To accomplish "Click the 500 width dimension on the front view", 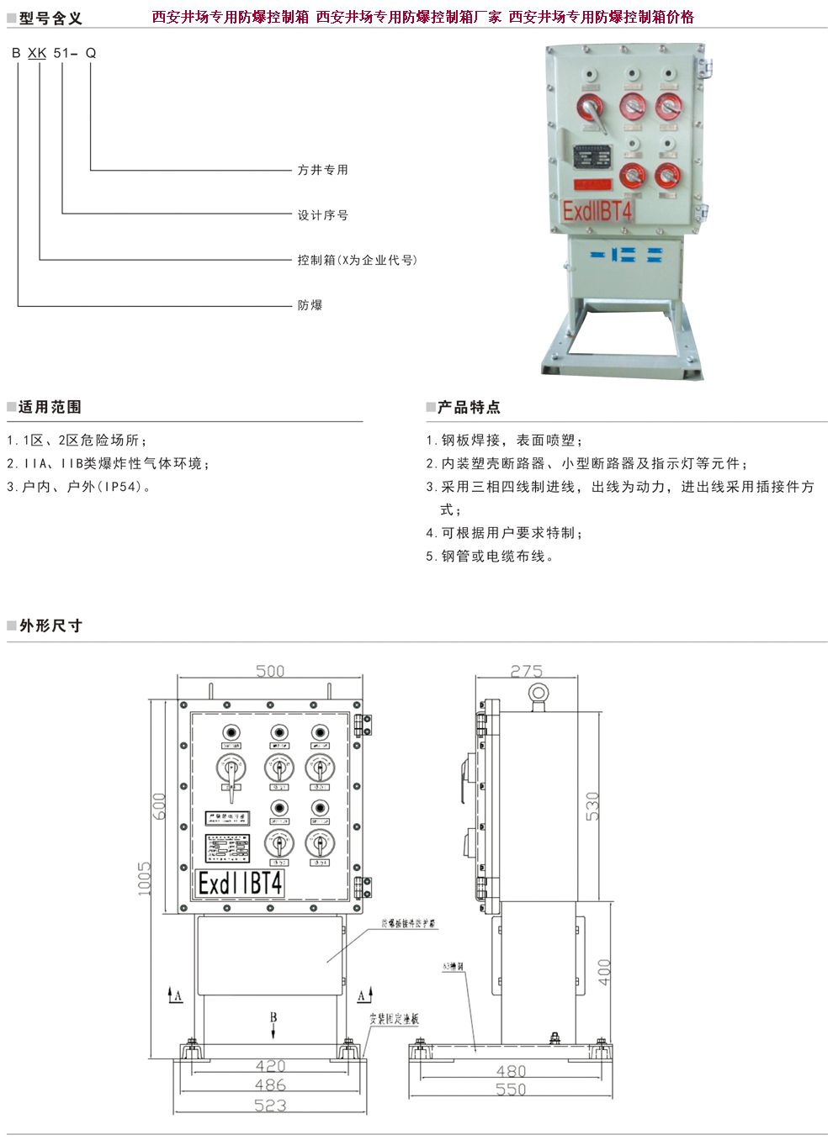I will pos(270,671).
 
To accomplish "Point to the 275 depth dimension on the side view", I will pos(526,671).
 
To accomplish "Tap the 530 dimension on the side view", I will pos(592,805).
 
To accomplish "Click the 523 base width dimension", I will pos(270,1106).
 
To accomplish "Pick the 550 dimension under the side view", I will pos(511,1090).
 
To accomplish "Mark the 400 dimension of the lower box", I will pos(604,972).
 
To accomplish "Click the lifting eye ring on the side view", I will pos(538,694).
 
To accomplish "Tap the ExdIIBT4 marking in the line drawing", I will pos(241,884).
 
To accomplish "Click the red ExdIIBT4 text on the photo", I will pos(597,211).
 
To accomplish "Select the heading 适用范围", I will pos(50,407).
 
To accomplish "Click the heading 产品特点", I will pos(469,407).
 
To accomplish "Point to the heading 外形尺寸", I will pos(50,625).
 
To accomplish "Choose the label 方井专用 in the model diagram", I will pos(322,170).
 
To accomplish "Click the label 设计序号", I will pos(322,215).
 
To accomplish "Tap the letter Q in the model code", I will pos(91,53).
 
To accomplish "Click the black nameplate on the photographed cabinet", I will pos(593,158).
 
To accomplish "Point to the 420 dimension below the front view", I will pos(270,1066).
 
